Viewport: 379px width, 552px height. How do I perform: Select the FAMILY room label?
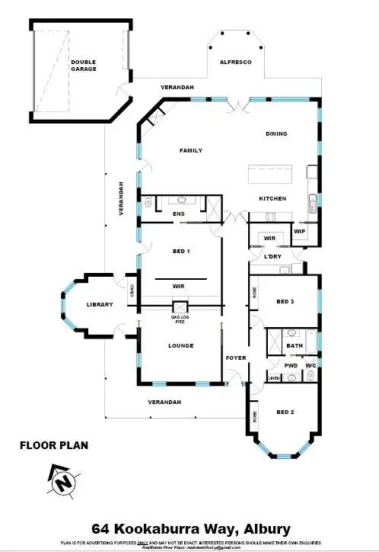click(x=190, y=150)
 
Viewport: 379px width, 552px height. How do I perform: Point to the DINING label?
click(x=276, y=133)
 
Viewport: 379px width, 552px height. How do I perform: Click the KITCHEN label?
click(x=272, y=198)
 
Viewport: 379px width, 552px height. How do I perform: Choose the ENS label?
click(x=179, y=213)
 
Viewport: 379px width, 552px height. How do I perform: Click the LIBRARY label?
click(x=100, y=304)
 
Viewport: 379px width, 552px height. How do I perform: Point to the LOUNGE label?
click(x=180, y=345)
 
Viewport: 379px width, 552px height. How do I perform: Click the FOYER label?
click(x=234, y=357)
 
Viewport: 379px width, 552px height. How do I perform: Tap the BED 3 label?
click(x=285, y=302)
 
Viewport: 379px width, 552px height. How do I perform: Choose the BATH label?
click(x=295, y=345)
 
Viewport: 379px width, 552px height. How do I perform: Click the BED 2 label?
click(x=285, y=412)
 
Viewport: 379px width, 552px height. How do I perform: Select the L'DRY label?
click(x=272, y=256)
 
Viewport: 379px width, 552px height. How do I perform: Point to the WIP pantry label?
click(x=300, y=229)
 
